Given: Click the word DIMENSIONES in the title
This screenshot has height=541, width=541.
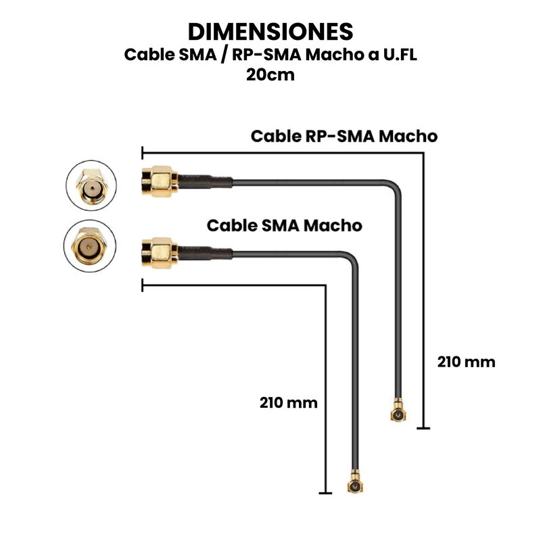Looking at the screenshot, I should (x=270, y=31).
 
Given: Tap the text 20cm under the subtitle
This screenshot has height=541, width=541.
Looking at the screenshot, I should (x=270, y=74).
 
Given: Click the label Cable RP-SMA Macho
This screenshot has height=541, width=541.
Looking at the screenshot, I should (x=344, y=136).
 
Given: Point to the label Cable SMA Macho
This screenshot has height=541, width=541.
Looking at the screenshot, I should (x=284, y=225).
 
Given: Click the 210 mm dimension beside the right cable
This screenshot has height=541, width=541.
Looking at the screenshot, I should (x=466, y=362).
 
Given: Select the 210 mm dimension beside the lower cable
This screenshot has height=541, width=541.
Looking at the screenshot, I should (x=288, y=402).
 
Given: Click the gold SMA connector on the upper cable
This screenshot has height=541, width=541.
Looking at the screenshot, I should (x=160, y=181).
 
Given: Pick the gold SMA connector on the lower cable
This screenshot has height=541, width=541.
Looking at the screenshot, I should (x=160, y=254).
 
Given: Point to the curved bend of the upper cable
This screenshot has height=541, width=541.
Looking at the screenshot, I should (x=392, y=189).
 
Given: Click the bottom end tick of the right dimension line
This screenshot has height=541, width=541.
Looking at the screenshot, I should (x=423, y=427).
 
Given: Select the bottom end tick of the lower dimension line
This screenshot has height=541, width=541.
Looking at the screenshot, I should (x=325, y=493).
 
